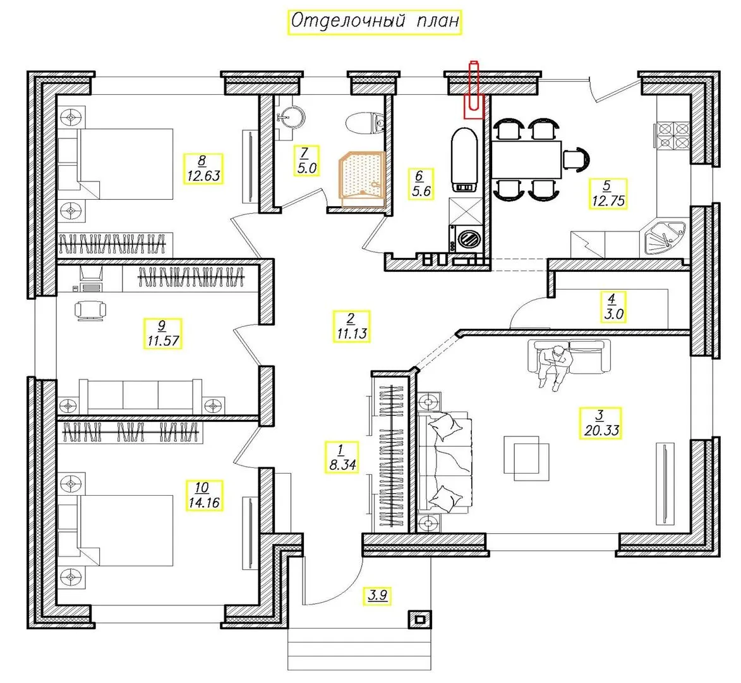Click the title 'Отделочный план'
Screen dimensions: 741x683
(x=374, y=22)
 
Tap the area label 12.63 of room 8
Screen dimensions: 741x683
(x=203, y=176)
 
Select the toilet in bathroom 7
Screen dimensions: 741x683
(x=366, y=123)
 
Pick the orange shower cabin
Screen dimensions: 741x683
(x=362, y=179)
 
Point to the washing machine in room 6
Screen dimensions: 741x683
(x=466, y=238)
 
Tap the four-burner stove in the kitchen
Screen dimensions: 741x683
(x=672, y=136)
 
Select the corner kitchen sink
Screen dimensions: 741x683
(x=665, y=239)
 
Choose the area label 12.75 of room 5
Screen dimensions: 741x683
(x=608, y=200)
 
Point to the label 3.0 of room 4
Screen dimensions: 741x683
(x=613, y=314)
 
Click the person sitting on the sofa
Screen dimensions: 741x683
(x=556, y=367)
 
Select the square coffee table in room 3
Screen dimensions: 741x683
(x=526, y=458)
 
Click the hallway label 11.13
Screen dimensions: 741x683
(x=352, y=333)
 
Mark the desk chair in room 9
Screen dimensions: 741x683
(x=90, y=311)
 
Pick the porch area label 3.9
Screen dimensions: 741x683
(x=378, y=595)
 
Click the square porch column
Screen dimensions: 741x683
(x=419, y=619)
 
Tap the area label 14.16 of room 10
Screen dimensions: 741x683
(x=204, y=502)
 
